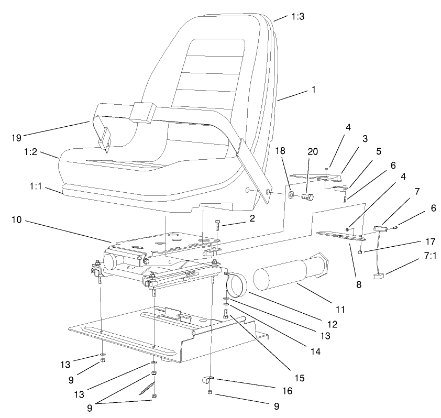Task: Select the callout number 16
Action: (280, 390)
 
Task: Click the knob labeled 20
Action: (310, 198)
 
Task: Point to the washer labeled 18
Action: (291, 197)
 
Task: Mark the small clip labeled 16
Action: (208, 379)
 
